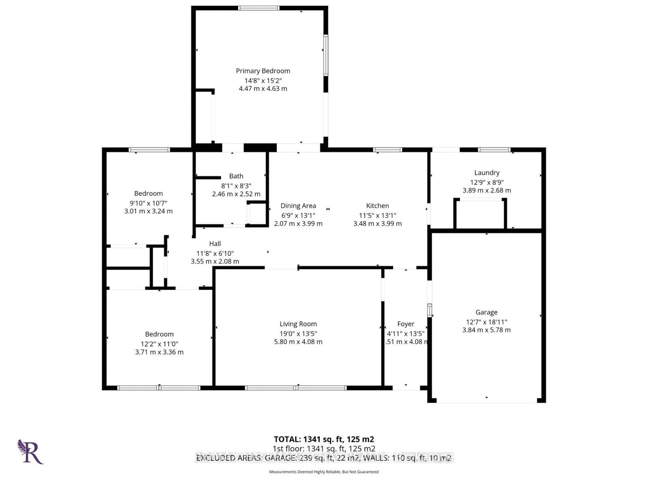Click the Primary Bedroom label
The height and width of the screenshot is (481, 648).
pyautogui.click(x=263, y=71)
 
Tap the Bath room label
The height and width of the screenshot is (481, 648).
pyautogui.click(x=236, y=176)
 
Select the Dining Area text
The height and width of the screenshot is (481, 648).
pyautogui.click(x=298, y=206)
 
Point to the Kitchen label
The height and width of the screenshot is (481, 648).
pyautogui.click(x=377, y=206)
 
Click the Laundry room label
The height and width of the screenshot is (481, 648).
pyautogui.click(x=487, y=173)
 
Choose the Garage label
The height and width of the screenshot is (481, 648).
pyautogui.click(x=486, y=312)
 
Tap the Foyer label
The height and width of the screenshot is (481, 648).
pyautogui.click(x=405, y=324)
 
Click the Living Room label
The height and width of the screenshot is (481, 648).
pyautogui.click(x=298, y=324)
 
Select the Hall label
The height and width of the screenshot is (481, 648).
pyautogui.click(x=215, y=244)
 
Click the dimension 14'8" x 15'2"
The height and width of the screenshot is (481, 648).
pyautogui.click(x=263, y=81)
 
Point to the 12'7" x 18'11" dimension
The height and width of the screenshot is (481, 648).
pyautogui.click(x=486, y=322)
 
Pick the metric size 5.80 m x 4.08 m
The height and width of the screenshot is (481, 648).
pyautogui.click(x=298, y=341)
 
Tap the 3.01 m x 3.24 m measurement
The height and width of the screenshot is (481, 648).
pyautogui.click(x=148, y=211)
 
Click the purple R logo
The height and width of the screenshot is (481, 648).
pyautogui.click(x=30, y=452)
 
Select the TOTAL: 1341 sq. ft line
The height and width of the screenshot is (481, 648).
pyautogui.click(x=324, y=439)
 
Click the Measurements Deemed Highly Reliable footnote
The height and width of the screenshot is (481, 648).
pyautogui.click(x=324, y=472)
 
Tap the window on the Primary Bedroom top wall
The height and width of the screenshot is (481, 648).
pyautogui.click(x=259, y=8)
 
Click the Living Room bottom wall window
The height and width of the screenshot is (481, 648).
pyautogui.click(x=296, y=388)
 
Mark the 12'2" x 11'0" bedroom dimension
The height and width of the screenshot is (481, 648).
pyautogui.click(x=159, y=344)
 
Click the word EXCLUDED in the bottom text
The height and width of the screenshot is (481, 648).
pyautogui.click(x=215, y=458)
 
